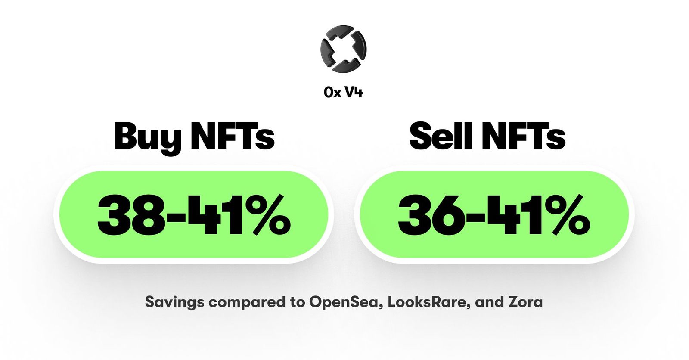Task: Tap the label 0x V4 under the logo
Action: pos(343,92)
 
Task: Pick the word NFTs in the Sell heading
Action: pos(523,136)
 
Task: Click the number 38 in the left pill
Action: pos(131,214)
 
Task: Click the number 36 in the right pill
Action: pos(432,214)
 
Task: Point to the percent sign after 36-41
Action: pos(567,214)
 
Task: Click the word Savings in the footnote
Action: pos(174,302)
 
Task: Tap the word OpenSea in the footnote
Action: pos(345,302)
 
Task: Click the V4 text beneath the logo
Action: pos(354,92)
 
